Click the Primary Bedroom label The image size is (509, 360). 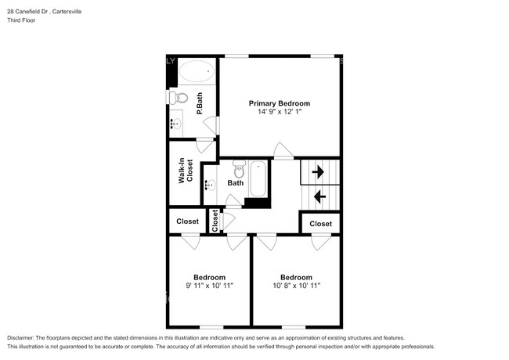click(279, 103)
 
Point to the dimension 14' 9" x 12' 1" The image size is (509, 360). click(280, 113)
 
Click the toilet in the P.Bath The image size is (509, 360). click(179, 98)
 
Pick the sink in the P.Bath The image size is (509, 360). click(176, 123)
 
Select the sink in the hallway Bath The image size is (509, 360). click(210, 185)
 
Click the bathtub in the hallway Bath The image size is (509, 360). click(258, 179)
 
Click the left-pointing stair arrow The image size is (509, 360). click(319, 196)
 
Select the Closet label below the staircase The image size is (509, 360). click(320, 224)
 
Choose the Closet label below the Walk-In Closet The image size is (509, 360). click(187, 221)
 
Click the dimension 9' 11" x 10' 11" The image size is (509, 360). click(209, 286)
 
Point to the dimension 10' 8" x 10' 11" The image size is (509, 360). click(295, 286)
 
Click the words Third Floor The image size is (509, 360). click(20, 20)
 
